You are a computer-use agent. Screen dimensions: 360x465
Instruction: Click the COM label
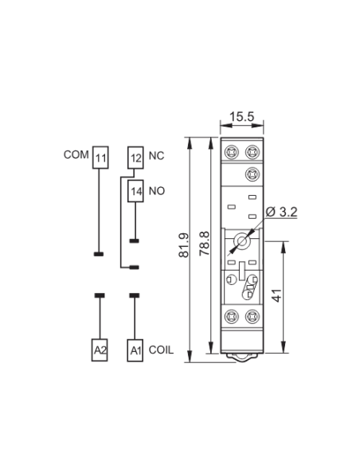(76, 154)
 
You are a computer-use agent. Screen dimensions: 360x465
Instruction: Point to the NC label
(156, 156)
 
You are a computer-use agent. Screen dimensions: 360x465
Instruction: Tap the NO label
(157, 191)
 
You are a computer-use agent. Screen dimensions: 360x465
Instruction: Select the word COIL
(161, 350)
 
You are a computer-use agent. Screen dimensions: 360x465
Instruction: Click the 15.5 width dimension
(242, 116)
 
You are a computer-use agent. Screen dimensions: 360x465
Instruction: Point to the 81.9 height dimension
(184, 245)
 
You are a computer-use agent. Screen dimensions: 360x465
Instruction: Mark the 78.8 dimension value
(205, 244)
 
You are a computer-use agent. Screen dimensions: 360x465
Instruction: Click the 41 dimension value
(277, 295)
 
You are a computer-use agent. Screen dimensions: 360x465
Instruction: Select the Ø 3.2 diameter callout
(281, 212)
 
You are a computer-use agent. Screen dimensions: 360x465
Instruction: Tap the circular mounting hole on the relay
(242, 241)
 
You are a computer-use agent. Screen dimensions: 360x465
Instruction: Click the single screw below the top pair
(252, 174)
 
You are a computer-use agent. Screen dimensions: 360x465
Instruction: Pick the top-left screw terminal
(232, 152)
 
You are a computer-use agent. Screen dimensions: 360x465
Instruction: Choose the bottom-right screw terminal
(252, 316)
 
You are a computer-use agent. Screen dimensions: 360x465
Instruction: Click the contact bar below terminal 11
(99, 254)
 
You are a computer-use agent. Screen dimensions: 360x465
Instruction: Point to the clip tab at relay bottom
(242, 358)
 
